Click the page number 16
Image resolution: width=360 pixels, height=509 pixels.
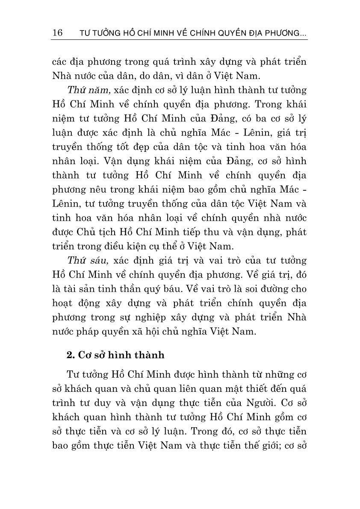(x=57, y=33)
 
